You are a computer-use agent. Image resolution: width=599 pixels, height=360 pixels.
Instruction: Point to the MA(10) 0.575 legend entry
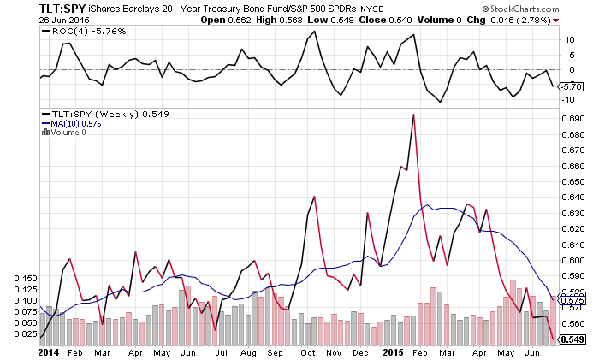coord(71,123)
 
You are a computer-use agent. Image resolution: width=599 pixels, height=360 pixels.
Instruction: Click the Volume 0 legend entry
coord(68,132)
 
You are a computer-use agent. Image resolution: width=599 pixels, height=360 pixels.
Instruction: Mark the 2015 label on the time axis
coord(393,351)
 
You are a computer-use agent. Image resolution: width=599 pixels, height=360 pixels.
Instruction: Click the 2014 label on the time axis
coord(48,351)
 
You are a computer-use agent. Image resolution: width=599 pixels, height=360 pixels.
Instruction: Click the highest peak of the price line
coord(413,115)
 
